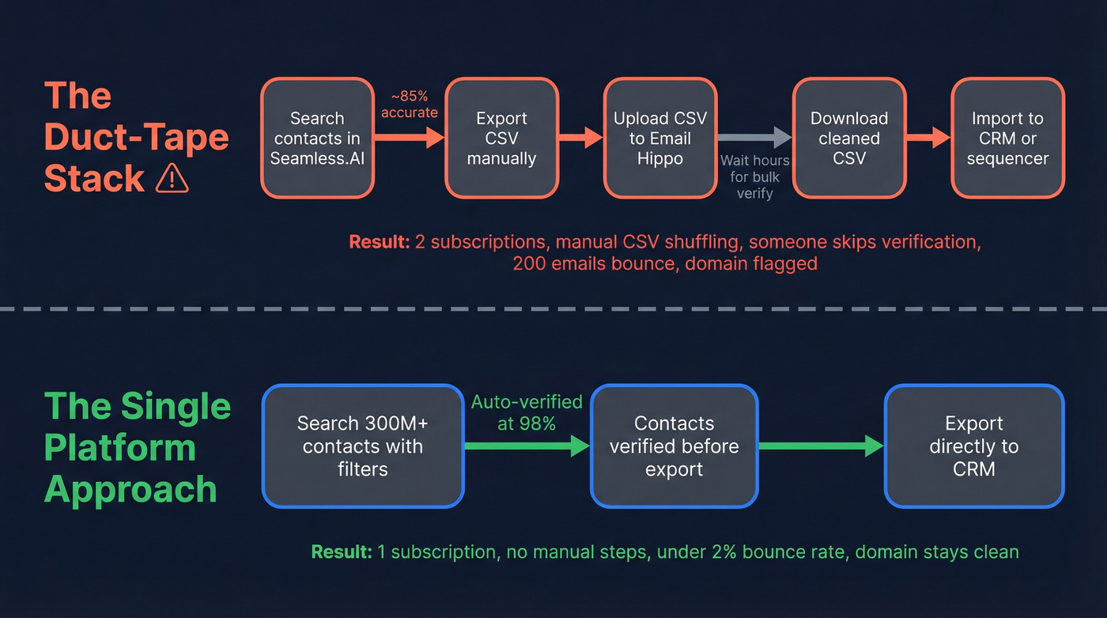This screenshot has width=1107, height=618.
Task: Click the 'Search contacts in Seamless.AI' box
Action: [x=317, y=138]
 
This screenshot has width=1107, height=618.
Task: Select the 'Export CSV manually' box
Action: [x=501, y=138]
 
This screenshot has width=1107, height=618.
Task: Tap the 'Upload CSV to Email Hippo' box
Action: [x=660, y=138]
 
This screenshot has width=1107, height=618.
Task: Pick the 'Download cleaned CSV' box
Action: [x=849, y=138]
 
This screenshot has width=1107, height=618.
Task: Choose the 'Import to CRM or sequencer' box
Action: [x=1007, y=138]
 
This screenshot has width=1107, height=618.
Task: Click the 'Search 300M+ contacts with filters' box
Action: [x=362, y=445]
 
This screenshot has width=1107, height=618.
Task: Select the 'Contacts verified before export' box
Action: [x=674, y=445]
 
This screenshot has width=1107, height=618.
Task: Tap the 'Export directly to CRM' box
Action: [x=974, y=445]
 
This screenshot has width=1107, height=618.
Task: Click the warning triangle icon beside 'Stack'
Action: [x=172, y=180]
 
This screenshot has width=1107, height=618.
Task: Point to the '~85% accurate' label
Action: [x=409, y=104]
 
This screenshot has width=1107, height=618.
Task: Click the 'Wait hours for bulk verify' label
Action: [x=754, y=176]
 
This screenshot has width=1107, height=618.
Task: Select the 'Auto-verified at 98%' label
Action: [x=527, y=412]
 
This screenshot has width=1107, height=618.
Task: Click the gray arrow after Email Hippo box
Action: [x=754, y=138]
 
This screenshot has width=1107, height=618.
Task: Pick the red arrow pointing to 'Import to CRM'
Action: [x=928, y=138]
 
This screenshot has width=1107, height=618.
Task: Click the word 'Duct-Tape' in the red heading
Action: [x=136, y=138]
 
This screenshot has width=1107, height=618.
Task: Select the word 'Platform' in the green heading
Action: [x=119, y=448]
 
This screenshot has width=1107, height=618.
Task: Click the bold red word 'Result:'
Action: [x=380, y=242]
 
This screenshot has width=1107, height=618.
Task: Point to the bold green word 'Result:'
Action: [x=342, y=552]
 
